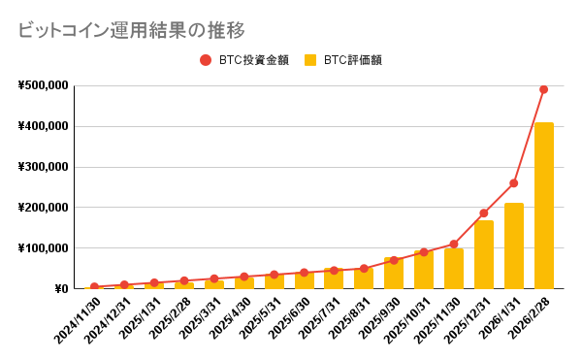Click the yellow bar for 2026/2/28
point(544,206)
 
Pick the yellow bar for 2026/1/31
point(514,245)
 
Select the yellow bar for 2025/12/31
point(484,254)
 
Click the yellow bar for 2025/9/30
point(394,274)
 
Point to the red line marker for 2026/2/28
point(544,89)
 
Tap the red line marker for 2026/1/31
point(514,183)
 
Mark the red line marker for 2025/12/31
point(484,213)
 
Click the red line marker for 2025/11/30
point(454,245)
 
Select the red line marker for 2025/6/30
point(304,273)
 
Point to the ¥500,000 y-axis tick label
point(43,85)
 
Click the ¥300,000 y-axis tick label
point(43,167)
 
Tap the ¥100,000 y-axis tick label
point(43,248)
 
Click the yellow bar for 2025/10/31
point(424,270)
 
